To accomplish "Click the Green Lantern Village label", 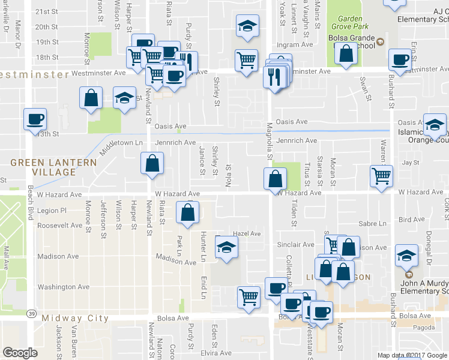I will pyautogui.click(x=53, y=167).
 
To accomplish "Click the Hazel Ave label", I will pyautogui.click(x=247, y=233).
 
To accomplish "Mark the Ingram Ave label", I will pyautogui.click(x=300, y=44).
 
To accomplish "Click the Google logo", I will pyautogui.click(x=20, y=353).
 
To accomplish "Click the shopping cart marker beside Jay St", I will pyautogui.click(x=381, y=176).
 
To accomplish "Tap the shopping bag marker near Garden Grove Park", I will pyautogui.click(x=346, y=53).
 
